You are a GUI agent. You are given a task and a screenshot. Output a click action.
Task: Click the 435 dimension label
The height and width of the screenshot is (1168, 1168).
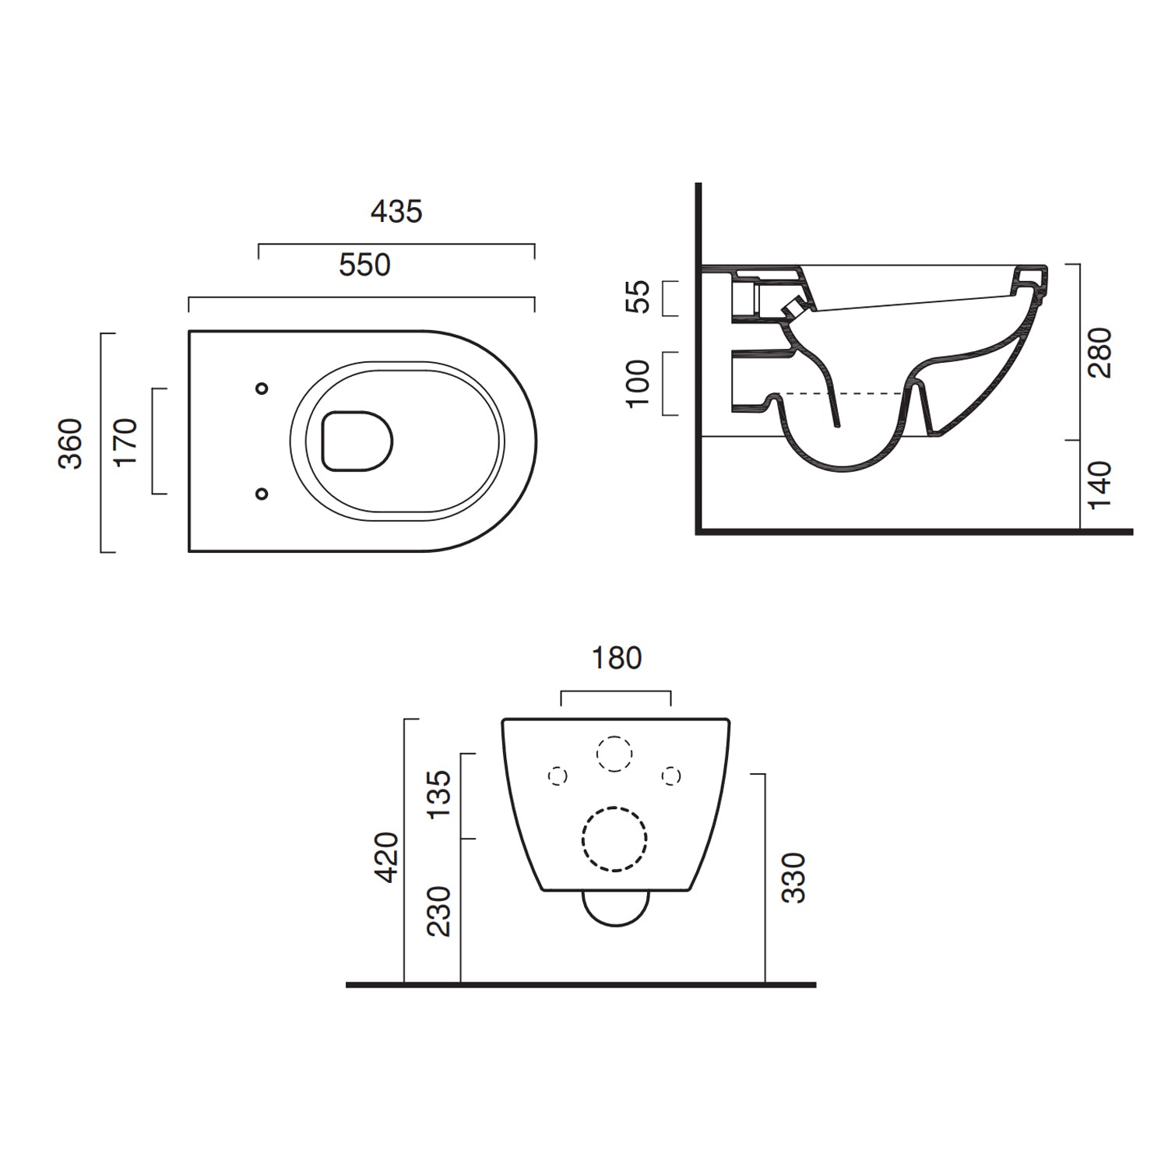[x=396, y=212]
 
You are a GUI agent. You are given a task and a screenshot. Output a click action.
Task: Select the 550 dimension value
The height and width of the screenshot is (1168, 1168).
[x=364, y=266]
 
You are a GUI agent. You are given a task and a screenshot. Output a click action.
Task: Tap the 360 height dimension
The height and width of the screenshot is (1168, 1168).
[x=71, y=444]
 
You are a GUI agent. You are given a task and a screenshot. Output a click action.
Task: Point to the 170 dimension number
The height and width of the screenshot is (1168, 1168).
[x=125, y=442]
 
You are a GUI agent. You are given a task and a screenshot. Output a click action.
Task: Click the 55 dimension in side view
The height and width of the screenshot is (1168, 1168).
[x=638, y=297]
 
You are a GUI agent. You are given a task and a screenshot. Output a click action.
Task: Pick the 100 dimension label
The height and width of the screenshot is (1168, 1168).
[x=638, y=383]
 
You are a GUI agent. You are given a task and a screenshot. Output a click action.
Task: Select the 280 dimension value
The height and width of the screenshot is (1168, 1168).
[x=1099, y=353]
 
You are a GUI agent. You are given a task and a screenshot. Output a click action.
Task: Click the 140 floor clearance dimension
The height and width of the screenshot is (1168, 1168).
[x=1099, y=485]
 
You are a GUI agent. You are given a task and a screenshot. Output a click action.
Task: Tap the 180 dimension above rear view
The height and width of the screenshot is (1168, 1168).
[x=617, y=659]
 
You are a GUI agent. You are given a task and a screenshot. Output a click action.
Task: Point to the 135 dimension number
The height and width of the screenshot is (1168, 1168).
[x=439, y=793]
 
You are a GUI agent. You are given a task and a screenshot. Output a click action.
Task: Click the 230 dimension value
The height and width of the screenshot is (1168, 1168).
[x=439, y=911]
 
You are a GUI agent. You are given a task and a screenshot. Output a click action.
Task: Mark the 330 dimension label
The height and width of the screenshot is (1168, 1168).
[x=793, y=878]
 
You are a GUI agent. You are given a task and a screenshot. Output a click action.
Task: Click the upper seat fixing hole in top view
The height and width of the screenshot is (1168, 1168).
[x=262, y=389]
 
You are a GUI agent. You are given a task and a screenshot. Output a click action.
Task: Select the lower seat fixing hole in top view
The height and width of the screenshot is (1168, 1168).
[x=262, y=494]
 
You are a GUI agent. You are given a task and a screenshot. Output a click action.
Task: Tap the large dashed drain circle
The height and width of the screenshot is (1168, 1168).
[x=614, y=839]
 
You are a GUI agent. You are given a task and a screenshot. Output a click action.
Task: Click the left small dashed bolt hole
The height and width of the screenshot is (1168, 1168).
[x=558, y=776]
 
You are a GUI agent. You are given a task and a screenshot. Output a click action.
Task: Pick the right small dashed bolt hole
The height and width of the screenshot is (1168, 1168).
[x=671, y=776]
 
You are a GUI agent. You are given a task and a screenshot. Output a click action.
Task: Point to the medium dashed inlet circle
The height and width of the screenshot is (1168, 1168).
[x=614, y=754]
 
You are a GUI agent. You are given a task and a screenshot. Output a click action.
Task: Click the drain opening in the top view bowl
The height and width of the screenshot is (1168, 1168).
[x=357, y=442]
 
